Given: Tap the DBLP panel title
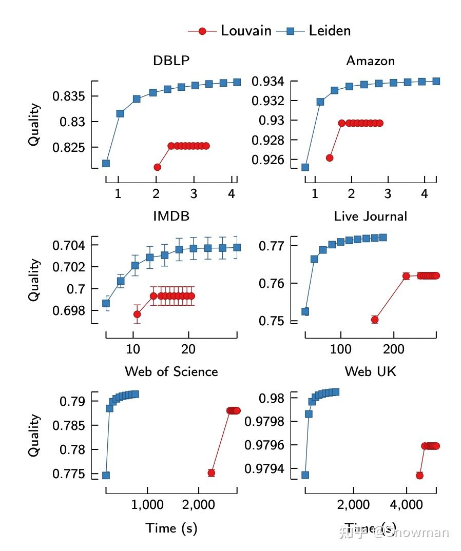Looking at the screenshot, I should coord(171,61).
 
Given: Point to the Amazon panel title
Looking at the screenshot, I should coord(370,61).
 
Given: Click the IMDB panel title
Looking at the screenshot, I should coord(171,216).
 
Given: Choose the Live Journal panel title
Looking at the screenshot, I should coord(370,216).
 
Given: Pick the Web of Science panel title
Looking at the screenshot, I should coord(171,371).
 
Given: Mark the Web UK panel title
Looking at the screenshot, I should coord(370,371).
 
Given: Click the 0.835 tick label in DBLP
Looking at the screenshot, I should coord(68,96).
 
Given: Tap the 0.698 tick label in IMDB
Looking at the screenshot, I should coord(68,311).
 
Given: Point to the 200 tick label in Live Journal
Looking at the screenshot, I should coord(393,349).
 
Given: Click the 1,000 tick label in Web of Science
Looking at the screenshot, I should coord(147,505).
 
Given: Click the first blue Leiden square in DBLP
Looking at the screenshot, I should coord(106,163).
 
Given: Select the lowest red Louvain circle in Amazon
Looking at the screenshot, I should coord(330,158).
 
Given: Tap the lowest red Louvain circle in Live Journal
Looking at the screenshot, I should coord(375,320).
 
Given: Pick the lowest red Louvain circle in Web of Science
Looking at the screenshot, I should coord(211,473).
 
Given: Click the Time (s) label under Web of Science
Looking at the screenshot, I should coord(171,528).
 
